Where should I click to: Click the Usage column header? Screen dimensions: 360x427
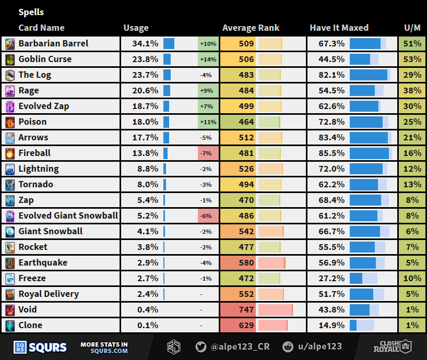[136, 28]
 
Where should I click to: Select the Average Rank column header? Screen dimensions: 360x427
[251, 28]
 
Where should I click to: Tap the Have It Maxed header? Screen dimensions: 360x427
[339, 28]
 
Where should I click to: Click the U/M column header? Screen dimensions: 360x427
[412, 28]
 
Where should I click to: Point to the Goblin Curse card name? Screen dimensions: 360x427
[45, 59]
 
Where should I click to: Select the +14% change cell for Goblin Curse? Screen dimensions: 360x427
[208, 59]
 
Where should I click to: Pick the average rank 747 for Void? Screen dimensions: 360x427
[246, 309]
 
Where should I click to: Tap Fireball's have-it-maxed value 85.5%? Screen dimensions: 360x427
[331, 153]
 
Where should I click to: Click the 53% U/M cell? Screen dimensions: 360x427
[412, 59]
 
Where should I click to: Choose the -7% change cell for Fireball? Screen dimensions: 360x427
[208, 153]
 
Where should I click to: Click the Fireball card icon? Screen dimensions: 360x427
[10, 153]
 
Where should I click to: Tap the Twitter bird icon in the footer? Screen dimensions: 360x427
[200, 346]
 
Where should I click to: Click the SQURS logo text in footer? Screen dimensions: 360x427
[48, 347]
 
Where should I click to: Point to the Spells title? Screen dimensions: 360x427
[31, 12]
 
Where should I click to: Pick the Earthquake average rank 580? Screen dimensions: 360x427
[246, 262]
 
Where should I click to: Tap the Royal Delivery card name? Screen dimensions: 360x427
[49, 294]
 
